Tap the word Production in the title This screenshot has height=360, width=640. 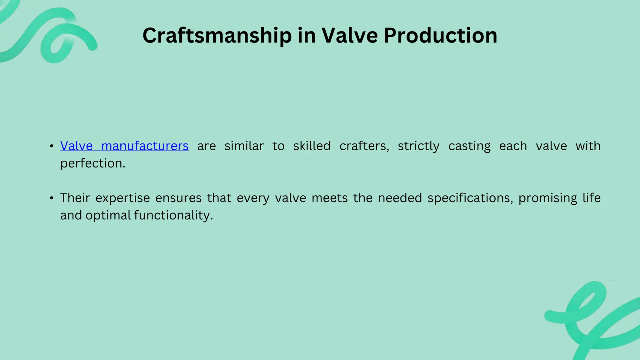pos(440,36)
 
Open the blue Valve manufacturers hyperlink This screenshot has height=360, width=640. pos(124,146)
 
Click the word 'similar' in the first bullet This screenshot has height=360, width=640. pos(244,146)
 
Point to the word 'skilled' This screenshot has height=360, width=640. pos(312,146)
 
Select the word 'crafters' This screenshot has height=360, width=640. pos(364,146)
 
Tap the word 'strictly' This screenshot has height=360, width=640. pos(418,146)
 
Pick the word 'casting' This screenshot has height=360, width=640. pos(469,146)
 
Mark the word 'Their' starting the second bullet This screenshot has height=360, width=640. pos(75,198)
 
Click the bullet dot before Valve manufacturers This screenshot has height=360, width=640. pos(52,146)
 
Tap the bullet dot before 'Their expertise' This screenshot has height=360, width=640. pos(52,198)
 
